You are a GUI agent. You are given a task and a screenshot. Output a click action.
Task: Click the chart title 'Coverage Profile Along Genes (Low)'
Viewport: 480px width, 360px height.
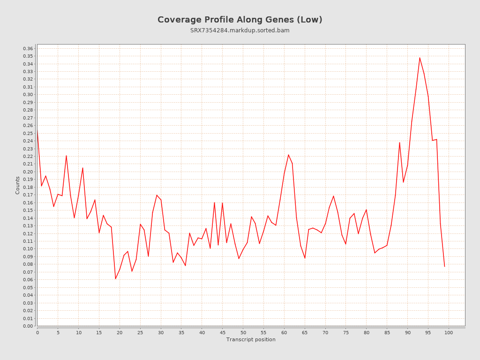pyautogui.click(x=240, y=20)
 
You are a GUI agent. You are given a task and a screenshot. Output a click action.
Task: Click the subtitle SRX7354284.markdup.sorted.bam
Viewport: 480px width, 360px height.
pyautogui.click(x=240, y=30)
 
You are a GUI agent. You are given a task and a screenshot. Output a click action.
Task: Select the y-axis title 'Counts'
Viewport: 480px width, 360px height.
pyautogui.click(x=18, y=185)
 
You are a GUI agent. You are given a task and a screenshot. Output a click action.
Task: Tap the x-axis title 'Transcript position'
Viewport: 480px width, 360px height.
pyautogui.click(x=251, y=339)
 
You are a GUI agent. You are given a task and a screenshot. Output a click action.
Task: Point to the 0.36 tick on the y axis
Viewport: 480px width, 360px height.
pyautogui.click(x=28, y=49)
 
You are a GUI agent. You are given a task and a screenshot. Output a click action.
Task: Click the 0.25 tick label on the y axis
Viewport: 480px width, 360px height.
pyautogui.click(x=28, y=133)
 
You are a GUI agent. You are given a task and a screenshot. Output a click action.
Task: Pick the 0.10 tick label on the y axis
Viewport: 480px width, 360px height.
pyautogui.click(x=28, y=249)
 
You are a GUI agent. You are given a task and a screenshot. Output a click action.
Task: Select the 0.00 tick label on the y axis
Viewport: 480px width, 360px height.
pyautogui.click(x=28, y=326)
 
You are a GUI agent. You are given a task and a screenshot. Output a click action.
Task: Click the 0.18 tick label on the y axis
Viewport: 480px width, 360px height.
pyautogui.click(x=28, y=187)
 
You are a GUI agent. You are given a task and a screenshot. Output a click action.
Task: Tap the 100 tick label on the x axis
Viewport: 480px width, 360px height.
pyautogui.click(x=449, y=333)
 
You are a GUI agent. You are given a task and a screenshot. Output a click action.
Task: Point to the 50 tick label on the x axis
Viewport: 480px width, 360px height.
pyautogui.click(x=243, y=333)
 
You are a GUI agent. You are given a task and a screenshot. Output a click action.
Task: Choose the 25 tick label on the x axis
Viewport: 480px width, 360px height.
pyautogui.click(x=140, y=333)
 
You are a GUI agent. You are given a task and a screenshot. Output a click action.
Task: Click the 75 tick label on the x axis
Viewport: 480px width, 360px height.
pyautogui.click(x=346, y=333)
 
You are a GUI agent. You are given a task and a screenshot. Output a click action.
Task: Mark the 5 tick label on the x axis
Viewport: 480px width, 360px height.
pyautogui.click(x=58, y=333)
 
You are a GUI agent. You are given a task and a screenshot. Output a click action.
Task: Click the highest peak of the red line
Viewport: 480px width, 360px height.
pyautogui.click(x=420, y=58)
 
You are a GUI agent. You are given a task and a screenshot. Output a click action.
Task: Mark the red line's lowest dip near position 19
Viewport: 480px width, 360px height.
pyautogui.click(x=116, y=279)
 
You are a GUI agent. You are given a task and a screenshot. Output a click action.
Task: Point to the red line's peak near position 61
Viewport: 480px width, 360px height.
pyautogui.click(x=288, y=155)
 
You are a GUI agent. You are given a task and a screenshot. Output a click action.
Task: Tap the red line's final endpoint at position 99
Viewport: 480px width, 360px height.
pyautogui.click(x=444, y=267)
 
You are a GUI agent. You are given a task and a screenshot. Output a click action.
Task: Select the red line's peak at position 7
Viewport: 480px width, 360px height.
pyautogui.click(x=66, y=156)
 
